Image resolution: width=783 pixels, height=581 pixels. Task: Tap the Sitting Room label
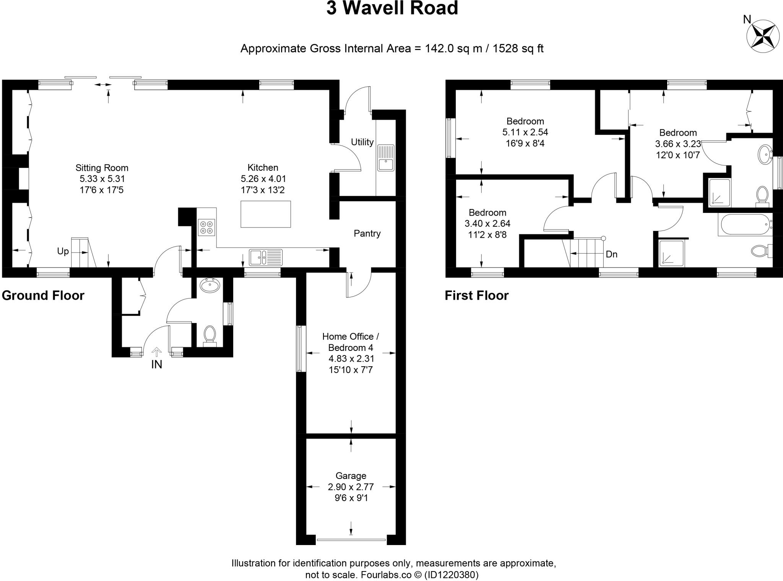coord(102,168)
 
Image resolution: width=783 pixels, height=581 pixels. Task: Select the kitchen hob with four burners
coord(206,227)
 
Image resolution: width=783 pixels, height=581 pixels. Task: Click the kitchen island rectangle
coord(265,214)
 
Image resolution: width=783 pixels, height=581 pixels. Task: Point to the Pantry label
coord(367,234)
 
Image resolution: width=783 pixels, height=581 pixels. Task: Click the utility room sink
coord(386,158)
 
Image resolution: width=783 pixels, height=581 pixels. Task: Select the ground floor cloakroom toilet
coord(209,334)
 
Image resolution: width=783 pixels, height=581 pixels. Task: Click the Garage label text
coord(351,476)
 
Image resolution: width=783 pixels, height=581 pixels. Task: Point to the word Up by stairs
coord(63,251)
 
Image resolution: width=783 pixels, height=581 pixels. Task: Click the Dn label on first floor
coord(612,254)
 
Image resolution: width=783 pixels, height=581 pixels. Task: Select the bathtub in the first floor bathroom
coord(745,225)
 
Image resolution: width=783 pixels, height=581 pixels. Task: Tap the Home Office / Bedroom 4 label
coord(351,342)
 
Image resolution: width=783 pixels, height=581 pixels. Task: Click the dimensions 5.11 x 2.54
coord(525,132)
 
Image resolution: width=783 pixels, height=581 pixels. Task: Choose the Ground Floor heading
coord(43,295)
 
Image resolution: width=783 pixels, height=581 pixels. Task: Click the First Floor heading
coord(476,295)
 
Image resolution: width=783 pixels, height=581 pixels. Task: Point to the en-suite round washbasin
coord(765,154)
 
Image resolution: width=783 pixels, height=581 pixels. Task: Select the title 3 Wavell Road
coord(392,8)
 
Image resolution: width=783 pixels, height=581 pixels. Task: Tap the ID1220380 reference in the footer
coord(451,575)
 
